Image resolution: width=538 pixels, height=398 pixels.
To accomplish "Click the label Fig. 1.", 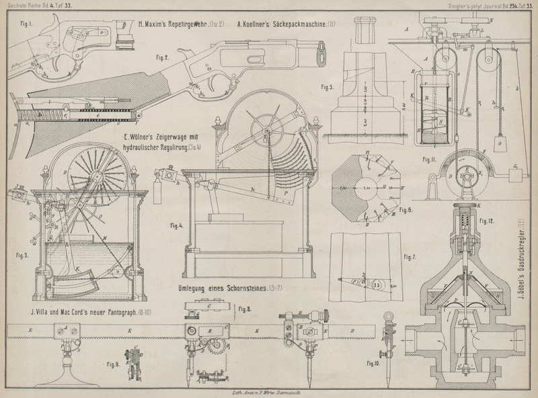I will coord(27,25).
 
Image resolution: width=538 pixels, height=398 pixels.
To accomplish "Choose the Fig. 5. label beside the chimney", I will coord(328,87).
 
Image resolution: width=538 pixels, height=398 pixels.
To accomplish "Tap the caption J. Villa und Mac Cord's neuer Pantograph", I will coord(99,312).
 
